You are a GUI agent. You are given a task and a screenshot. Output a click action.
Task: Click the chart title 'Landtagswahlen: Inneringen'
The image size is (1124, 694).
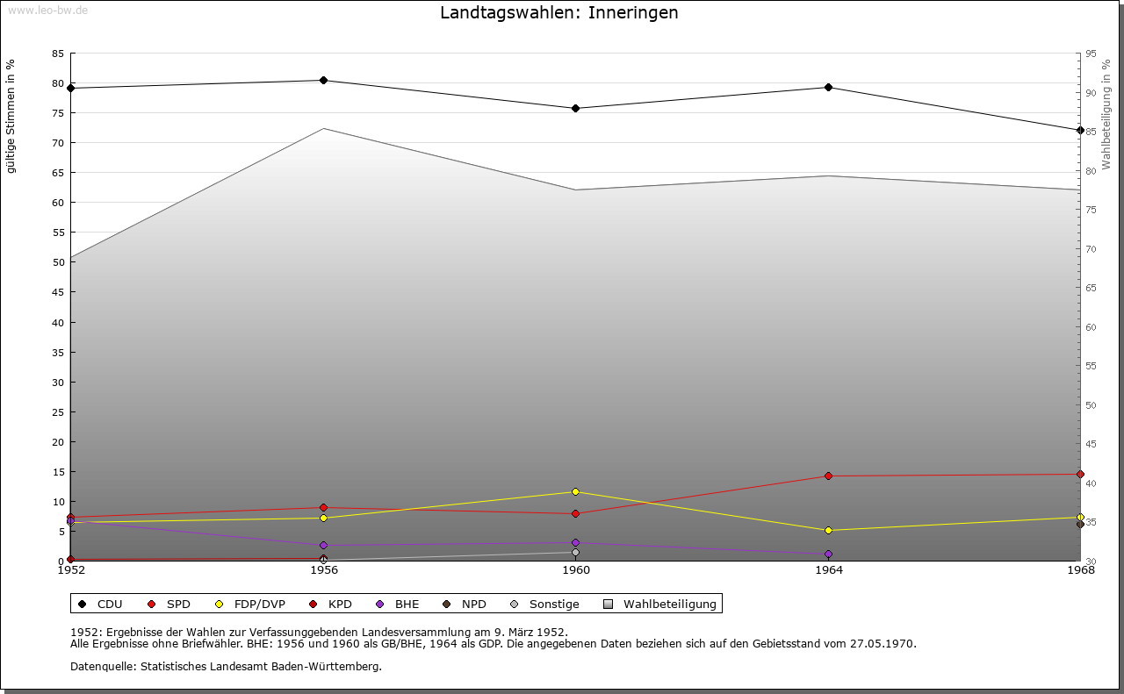[558, 13]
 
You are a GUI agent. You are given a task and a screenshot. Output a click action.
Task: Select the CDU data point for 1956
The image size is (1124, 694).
[323, 81]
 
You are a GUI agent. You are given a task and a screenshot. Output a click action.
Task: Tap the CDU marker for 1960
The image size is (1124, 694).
[575, 109]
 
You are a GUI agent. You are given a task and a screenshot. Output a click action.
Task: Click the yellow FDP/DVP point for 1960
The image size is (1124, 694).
[575, 491]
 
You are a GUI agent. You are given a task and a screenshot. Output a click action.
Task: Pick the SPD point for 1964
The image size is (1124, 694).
[828, 476]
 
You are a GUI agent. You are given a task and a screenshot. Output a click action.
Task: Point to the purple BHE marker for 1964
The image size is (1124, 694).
[828, 554]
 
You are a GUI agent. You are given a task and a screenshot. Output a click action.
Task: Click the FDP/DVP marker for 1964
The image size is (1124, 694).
[828, 531]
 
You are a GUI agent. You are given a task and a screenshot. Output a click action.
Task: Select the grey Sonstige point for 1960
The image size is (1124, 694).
[575, 553]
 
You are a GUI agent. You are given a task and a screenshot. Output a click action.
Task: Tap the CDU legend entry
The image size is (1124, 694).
[101, 605]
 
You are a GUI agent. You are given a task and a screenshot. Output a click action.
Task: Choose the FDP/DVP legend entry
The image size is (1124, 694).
[250, 605]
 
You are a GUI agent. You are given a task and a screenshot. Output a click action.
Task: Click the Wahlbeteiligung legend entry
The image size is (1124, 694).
[660, 605]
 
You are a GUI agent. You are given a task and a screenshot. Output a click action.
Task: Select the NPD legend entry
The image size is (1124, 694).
[465, 605]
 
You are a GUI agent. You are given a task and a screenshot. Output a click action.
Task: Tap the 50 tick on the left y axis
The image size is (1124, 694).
[58, 262]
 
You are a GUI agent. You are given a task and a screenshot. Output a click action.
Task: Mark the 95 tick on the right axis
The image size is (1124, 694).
[1091, 54]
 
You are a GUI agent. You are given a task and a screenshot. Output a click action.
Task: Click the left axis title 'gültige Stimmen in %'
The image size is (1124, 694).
[11, 116]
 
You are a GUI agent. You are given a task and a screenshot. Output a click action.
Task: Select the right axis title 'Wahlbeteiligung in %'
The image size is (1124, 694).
[1106, 114]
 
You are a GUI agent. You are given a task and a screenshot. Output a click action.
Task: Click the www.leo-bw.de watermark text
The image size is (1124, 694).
[47, 9]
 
